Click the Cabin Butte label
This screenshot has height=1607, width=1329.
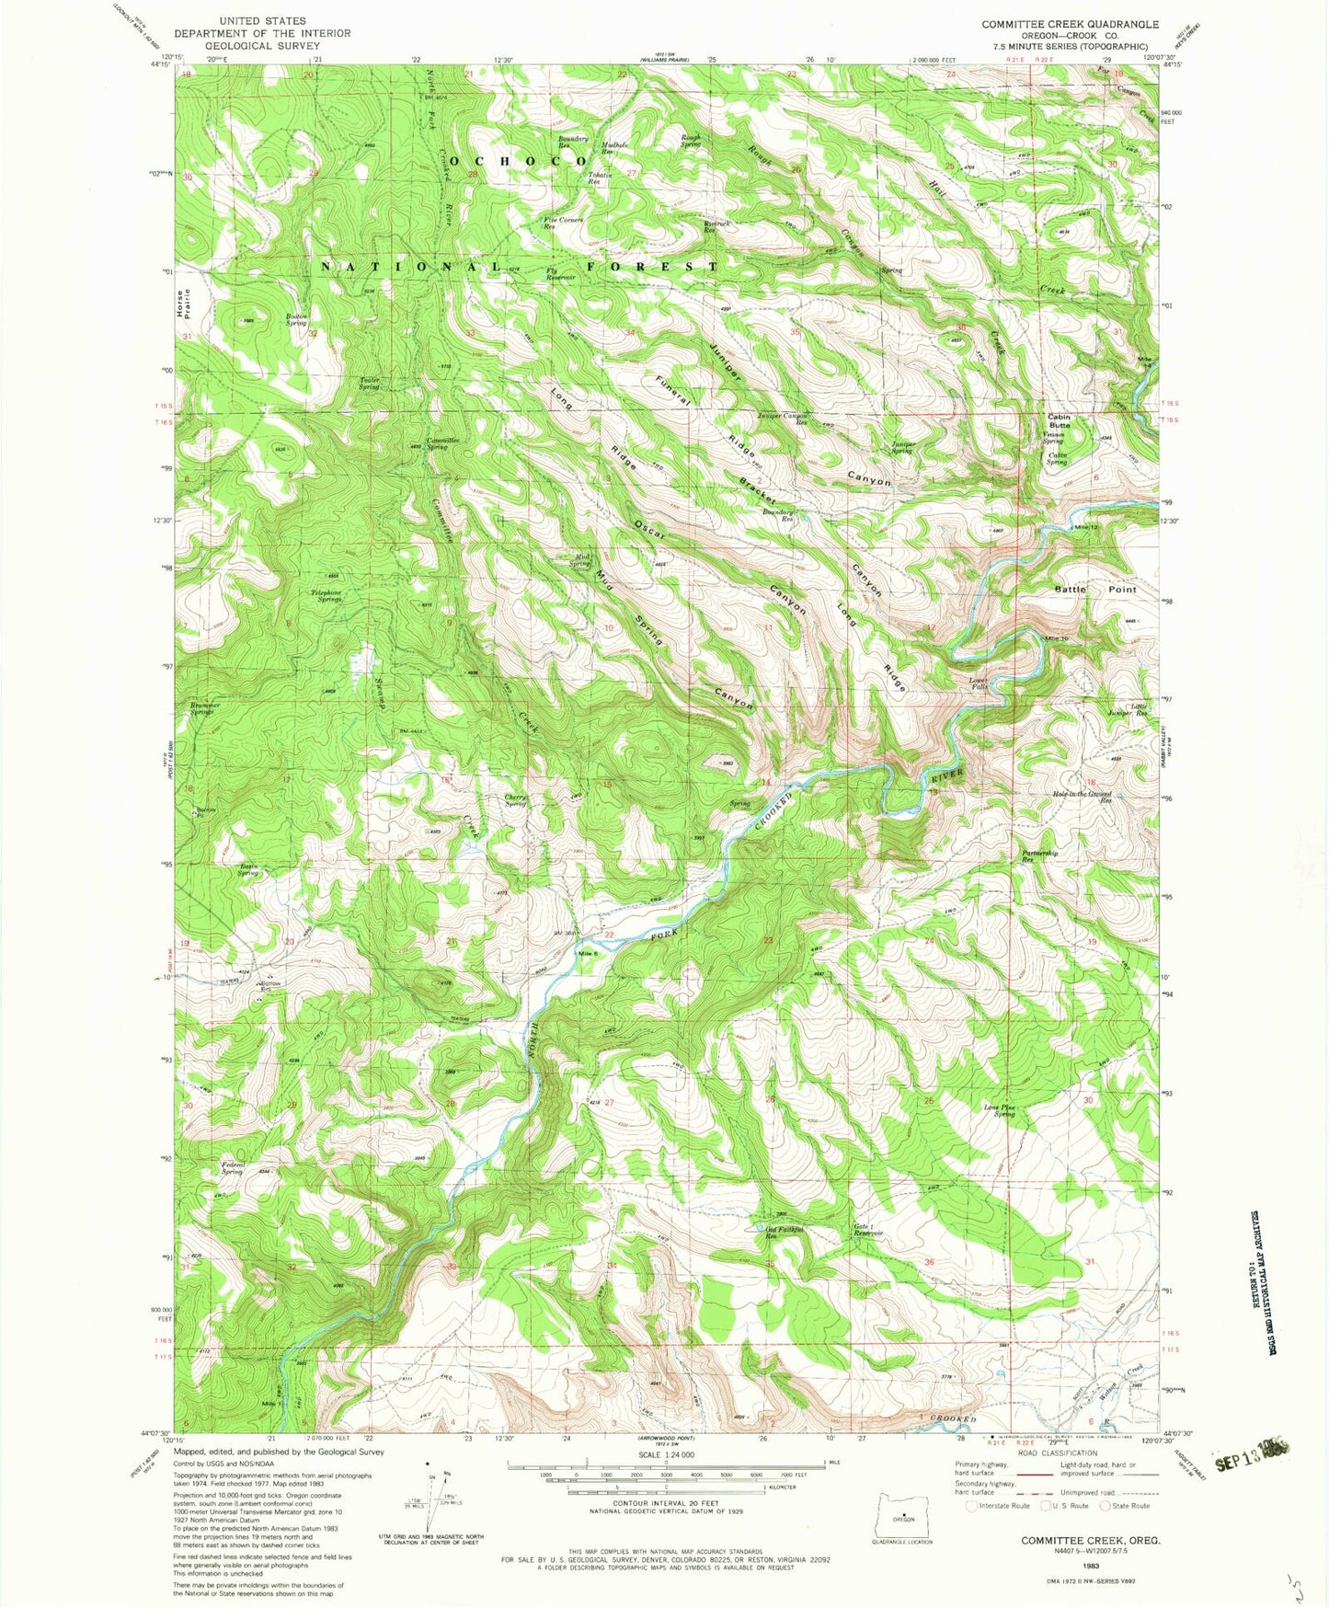[x=1059, y=421]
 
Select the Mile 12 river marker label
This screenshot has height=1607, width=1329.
[x=1086, y=527]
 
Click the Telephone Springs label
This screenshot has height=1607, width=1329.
[x=323, y=595]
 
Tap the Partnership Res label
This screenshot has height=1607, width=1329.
[x=1040, y=856]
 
